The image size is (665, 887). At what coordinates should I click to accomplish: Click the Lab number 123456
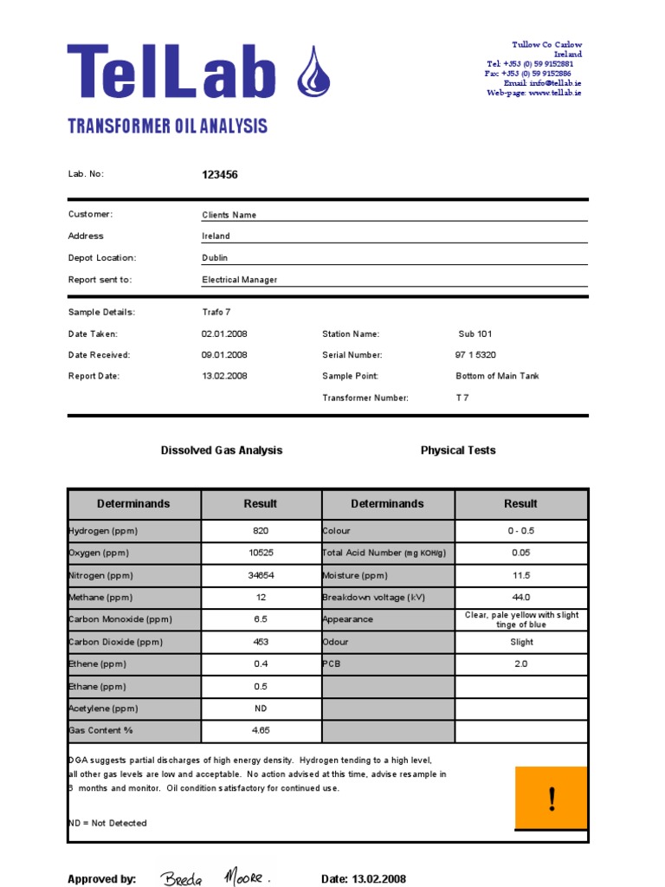(220, 175)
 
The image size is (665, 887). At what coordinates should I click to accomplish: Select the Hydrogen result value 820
(261, 531)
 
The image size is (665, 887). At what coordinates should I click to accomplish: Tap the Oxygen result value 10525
(261, 553)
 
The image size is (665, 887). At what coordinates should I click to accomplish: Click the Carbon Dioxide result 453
(261, 642)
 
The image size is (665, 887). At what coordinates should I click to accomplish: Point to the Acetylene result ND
(261, 709)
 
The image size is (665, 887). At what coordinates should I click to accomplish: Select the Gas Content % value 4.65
(261, 731)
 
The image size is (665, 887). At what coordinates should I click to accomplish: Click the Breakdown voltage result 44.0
(520, 598)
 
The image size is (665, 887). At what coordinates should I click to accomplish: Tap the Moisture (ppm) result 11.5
(520, 575)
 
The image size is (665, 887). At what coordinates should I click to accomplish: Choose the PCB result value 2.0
(520, 664)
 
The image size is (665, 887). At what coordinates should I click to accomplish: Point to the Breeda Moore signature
(216, 877)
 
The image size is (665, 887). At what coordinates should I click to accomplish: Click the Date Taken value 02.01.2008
(224, 333)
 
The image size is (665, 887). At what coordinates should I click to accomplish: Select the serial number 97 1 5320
(475, 355)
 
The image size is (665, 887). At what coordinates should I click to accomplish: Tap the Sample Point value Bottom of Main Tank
(497, 377)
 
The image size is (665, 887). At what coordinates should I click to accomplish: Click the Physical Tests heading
(458, 450)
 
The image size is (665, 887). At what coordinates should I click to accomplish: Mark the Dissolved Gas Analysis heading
(222, 450)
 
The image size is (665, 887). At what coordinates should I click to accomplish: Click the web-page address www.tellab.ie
(554, 93)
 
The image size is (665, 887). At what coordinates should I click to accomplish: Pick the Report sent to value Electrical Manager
(240, 280)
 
